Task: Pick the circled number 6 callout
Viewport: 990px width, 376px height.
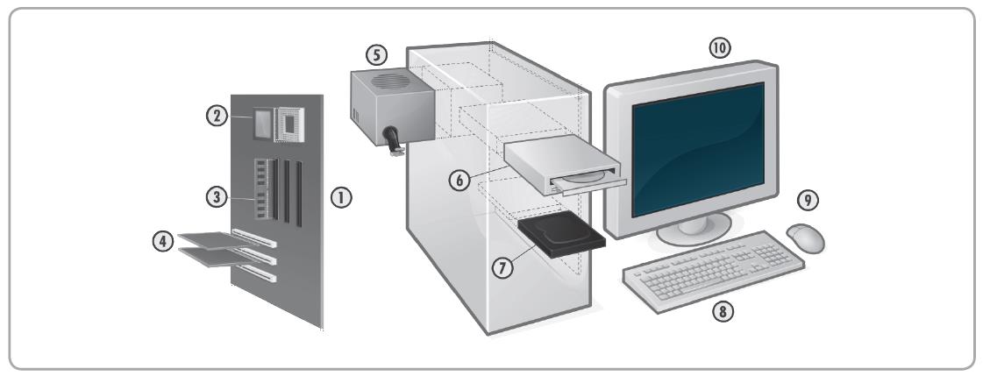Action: pyautogui.click(x=458, y=180)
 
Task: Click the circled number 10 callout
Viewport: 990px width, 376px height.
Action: pyautogui.click(x=719, y=48)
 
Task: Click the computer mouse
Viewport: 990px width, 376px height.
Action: pyautogui.click(x=808, y=235)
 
